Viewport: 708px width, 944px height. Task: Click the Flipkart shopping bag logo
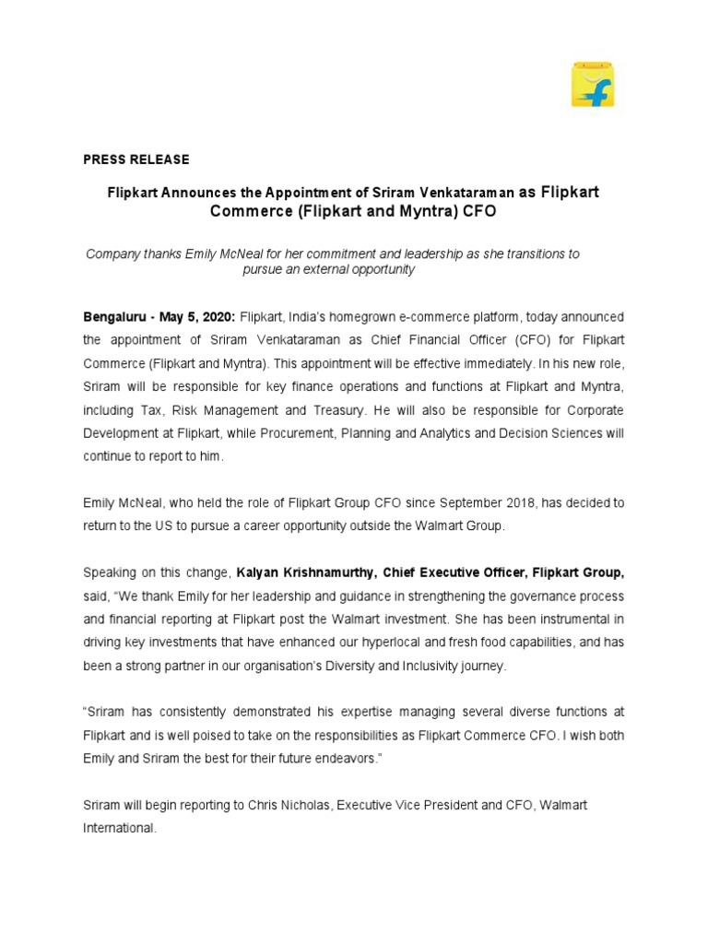(x=592, y=85)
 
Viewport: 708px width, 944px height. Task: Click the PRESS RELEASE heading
(x=136, y=159)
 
